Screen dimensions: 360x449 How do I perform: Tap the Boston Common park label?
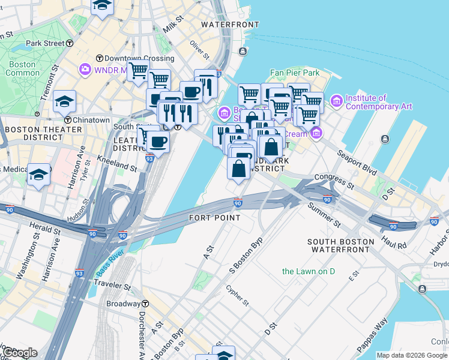click(22, 68)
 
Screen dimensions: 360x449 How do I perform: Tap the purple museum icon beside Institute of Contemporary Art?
click(336, 101)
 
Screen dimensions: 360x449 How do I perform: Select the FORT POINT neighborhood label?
click(214, 217)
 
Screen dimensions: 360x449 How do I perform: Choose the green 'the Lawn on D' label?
click(309, 271)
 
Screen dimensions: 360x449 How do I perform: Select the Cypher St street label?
click(237, 294)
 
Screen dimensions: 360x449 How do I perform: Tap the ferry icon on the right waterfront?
click(384, 139)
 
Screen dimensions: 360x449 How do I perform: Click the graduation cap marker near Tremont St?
click(64, 101)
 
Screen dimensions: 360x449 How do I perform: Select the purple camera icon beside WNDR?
click(85, 70)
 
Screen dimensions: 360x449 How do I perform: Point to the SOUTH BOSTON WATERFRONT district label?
click(340, 246)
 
